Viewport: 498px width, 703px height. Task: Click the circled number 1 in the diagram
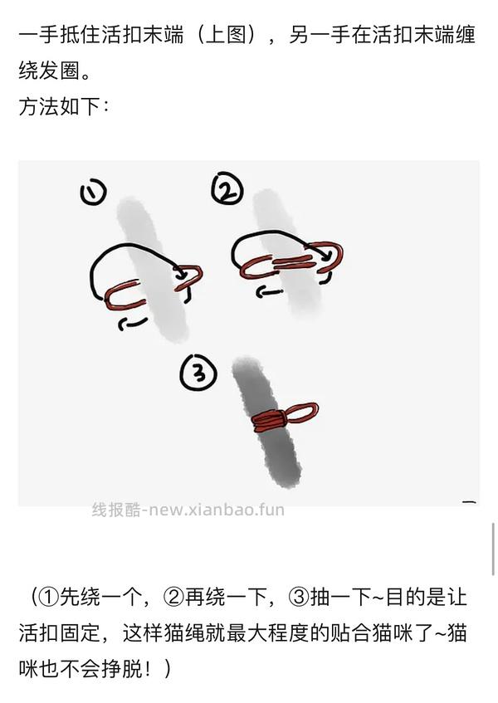[x=93, y=193]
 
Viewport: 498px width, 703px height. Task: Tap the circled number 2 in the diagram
[x=226, y=192]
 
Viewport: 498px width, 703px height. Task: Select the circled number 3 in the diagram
[x=198, y=375]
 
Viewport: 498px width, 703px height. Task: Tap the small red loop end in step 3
[x=302, y=413]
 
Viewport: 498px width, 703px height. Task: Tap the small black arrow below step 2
[x=265, y=291]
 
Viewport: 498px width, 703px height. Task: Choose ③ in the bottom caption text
[x=299, y=597]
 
